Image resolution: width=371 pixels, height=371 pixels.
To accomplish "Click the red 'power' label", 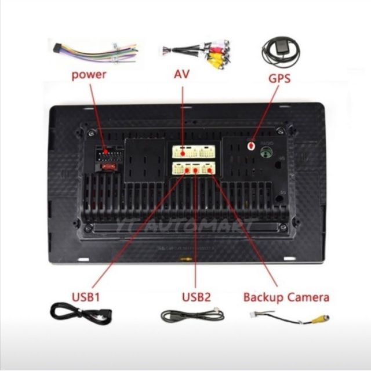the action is coord(88,75).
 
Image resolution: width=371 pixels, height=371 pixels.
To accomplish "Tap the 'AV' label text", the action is coord(182,75).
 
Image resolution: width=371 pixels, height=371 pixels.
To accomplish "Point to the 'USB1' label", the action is coord(86,297).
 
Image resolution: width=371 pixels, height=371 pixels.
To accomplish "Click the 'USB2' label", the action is coord(196,297).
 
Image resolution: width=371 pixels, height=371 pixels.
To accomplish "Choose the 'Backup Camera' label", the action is coord(286,297).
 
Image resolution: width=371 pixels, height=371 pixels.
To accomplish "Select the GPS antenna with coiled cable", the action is coord(280,51).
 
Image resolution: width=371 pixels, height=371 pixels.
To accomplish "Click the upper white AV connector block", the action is coord(193,152).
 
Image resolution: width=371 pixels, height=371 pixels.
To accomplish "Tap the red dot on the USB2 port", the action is coord(196,169).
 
